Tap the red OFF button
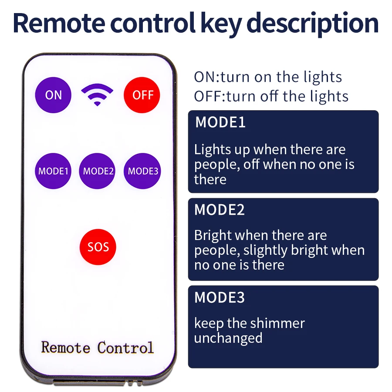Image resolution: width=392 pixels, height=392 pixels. (142, 95)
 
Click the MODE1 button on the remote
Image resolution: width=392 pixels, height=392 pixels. (53, 171)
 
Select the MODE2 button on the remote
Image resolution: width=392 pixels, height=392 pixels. (97, 171)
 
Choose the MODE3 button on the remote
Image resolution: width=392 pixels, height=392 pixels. (142, 171)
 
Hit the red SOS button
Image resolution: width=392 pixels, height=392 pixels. (98, 247)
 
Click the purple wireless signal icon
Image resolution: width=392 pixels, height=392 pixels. (97, 95)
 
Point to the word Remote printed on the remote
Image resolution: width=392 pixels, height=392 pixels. (66, 347)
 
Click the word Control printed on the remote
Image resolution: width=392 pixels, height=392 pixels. (125, 347)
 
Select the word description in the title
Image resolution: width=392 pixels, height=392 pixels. (312, 24)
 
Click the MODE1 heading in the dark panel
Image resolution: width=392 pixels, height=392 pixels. (220, 122)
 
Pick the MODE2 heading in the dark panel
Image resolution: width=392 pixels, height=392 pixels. (220, 210)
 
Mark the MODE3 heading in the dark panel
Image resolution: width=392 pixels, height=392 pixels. (220, 297)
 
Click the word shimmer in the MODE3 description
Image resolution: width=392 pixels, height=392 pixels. (277, 323)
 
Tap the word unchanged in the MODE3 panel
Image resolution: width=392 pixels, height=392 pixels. (228, 338)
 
